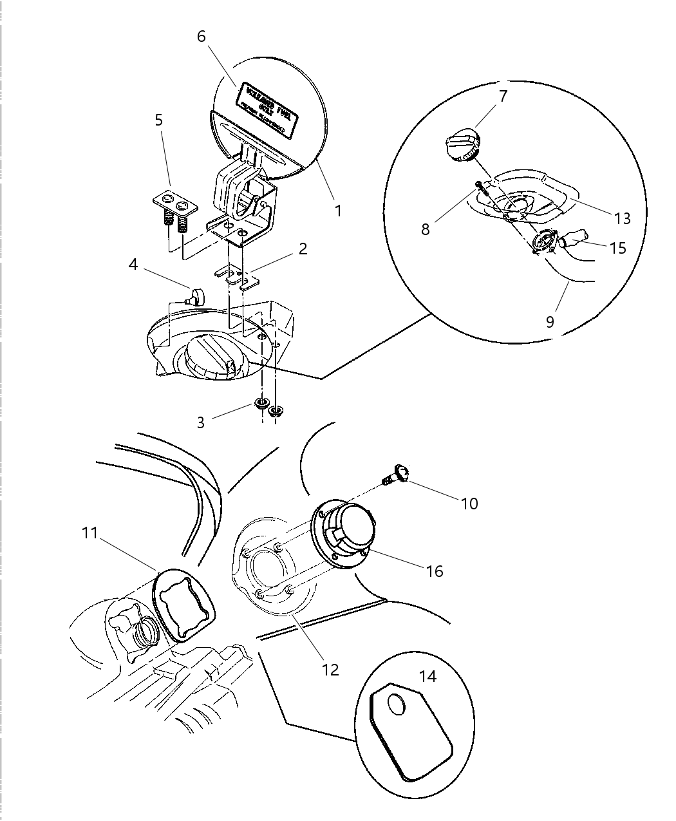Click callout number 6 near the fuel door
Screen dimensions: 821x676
click(202, 36)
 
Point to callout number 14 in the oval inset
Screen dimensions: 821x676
click(427, 676)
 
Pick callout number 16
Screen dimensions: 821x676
click(435, 571)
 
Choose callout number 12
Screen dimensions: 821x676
click(330, 670)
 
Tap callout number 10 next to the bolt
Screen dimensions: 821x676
click(469, 503)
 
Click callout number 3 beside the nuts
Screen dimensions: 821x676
click(201, 422)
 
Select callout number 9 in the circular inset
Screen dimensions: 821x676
click(550, 321)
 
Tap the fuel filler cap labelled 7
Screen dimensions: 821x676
click(462, 146)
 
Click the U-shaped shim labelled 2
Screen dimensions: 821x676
click(236, 276)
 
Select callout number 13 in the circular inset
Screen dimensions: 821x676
click(622, 218)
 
